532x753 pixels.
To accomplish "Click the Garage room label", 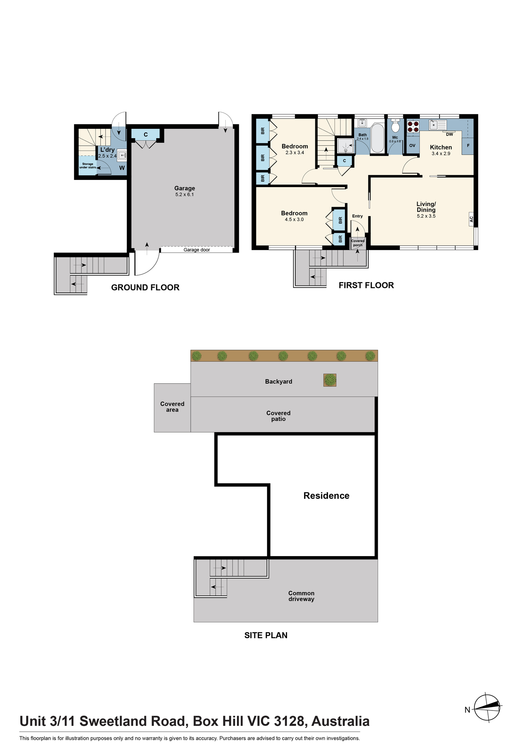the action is click(x=184, y=188).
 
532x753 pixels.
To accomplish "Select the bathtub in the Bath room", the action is click(x=377, y=138).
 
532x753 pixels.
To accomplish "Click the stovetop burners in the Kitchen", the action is click(x=413, y=126).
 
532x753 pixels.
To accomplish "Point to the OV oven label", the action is click(x=412, y=145).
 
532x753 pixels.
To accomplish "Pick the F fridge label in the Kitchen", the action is click(x=468, y=145).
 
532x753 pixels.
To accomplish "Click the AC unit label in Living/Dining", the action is click(x=471, y=219).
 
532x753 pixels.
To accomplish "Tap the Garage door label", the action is click(x=197, y=250).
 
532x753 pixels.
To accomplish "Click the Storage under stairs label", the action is click(x=88, y=166).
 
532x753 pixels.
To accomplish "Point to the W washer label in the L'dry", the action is click(x=122, y=168).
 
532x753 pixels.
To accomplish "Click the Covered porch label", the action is click(x=358, y=243).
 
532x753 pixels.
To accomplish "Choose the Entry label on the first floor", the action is click(x=357, y=216).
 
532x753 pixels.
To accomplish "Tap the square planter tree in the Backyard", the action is click(x=330, y=380).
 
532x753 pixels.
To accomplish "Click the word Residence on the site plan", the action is click(x=326, y=495).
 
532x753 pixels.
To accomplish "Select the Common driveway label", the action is click(x=301, y=596).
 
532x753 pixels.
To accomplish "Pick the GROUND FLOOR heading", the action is click(x=145, y=287).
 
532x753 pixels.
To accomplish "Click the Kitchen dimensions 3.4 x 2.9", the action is click(x=441, y=154).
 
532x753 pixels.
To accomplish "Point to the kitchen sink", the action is click(x=438, y=124).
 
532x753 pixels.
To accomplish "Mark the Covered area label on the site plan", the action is click(x=172, y=407).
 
